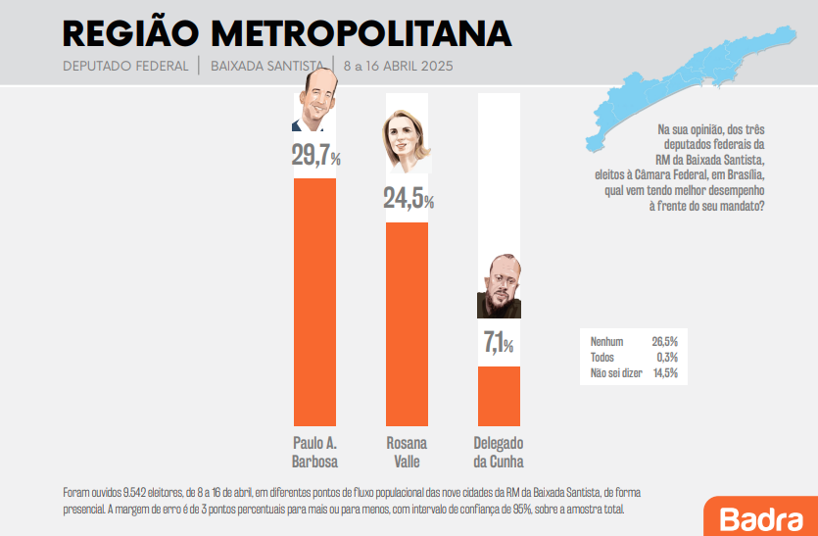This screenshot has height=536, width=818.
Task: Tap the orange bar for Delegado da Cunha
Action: [499, 396]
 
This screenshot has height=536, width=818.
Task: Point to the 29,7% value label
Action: [315, 156]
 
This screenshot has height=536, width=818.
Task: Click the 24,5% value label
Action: [408, 199]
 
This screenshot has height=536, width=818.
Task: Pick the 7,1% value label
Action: [499, 343]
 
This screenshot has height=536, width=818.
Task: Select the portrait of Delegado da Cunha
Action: [499, 286]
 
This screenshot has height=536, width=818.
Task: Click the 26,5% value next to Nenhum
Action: [664, 342]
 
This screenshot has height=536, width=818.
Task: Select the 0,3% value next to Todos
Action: [666, 358]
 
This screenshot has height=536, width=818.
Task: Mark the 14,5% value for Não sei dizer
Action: [664, 373]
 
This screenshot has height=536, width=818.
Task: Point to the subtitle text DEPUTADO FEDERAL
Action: [125, 67]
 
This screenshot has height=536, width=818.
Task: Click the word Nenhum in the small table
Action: [607, 342]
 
